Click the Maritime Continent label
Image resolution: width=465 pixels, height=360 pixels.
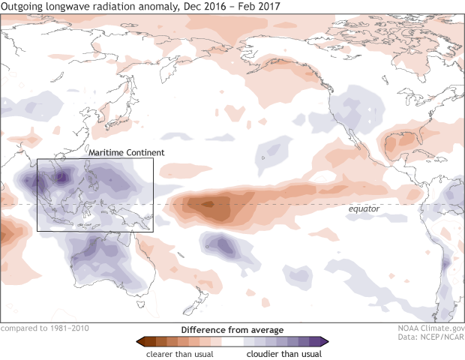[x=127, y=152]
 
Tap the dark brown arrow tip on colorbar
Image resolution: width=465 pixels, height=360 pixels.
[x=139, y=341]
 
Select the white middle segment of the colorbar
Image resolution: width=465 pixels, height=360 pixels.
[x=232, y=341]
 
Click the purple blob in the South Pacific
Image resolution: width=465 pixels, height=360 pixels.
[x=223, y=244]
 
